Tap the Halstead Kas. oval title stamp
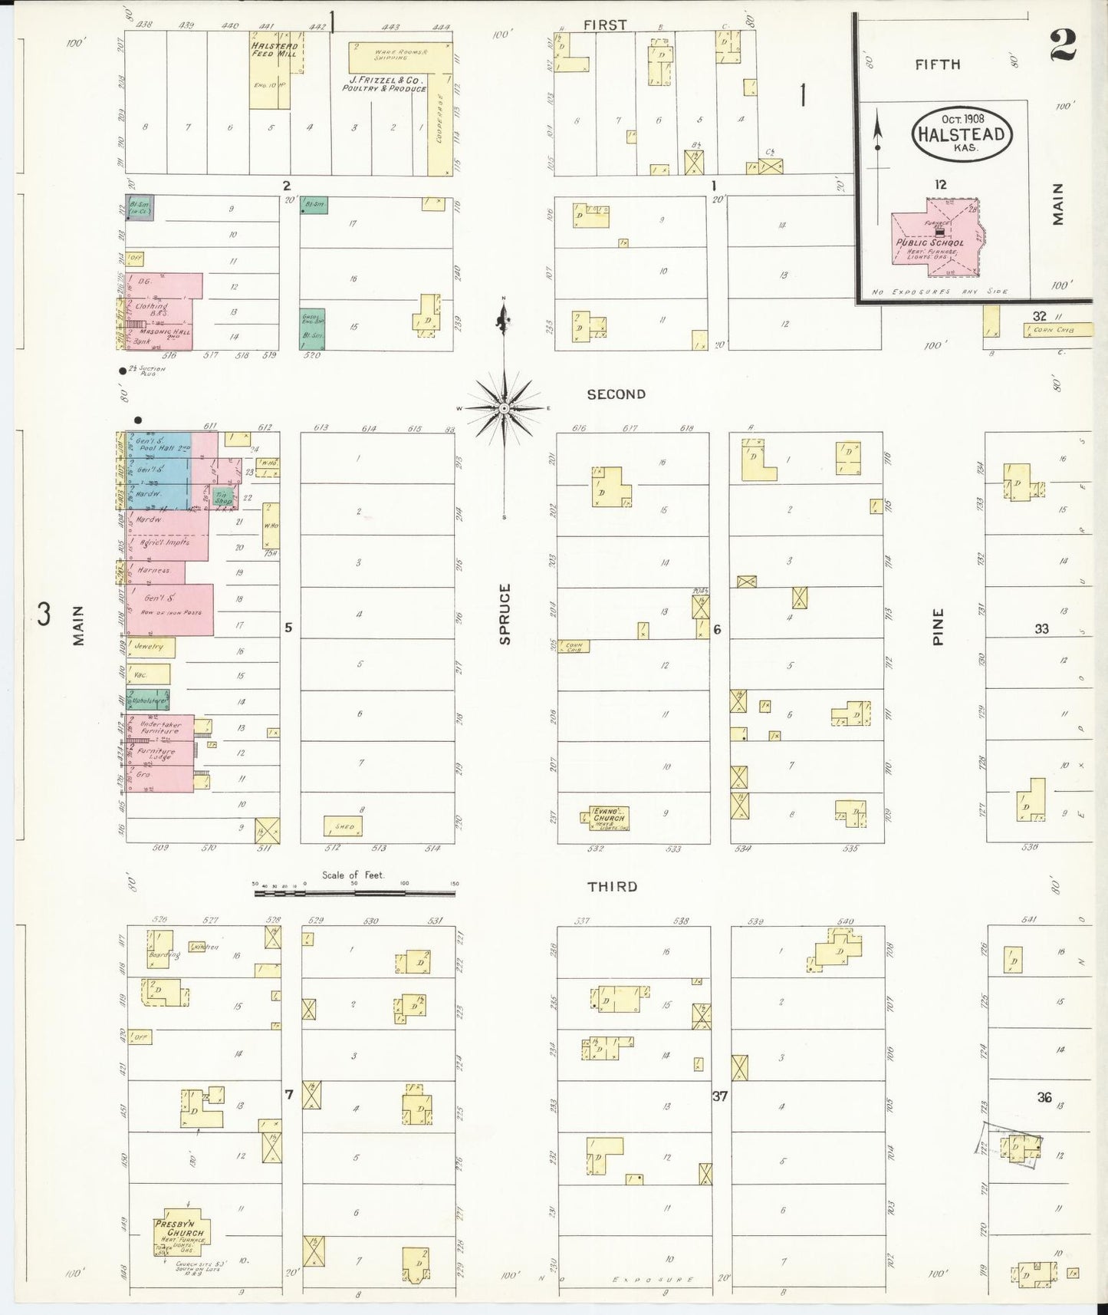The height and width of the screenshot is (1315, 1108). click(962, 134)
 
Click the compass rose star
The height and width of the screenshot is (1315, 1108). click(504, 409)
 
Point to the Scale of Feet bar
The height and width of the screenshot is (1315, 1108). click(354, 893)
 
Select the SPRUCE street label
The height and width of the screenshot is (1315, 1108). click(505, 614)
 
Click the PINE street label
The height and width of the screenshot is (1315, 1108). click(939, 627)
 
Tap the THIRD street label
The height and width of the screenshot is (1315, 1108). click(611, 886)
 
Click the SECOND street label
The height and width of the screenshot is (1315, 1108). click(616, 394)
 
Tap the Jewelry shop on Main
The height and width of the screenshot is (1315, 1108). click(150, 647)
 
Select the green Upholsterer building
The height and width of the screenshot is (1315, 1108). click(149, 699)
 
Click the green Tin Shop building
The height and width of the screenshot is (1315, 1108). click(223, 496)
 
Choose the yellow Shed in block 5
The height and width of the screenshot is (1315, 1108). click(343, 826)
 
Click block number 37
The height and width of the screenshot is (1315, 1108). click(719, 1096)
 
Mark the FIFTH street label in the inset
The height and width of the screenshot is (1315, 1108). click(937, 64)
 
